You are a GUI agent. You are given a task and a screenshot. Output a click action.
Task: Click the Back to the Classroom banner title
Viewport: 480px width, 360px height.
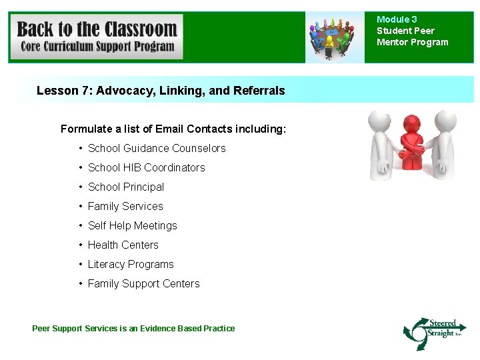pos(97,29)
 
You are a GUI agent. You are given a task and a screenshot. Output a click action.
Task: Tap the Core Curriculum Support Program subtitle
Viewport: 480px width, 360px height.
pos(97,47)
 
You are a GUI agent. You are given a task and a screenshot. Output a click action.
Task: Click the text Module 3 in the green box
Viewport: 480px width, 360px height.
pos(397,19)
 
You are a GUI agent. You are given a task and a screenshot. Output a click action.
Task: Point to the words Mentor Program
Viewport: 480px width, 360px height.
pos(412,42)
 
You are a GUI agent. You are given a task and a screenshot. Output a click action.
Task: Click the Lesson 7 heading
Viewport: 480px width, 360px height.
pos(160,91)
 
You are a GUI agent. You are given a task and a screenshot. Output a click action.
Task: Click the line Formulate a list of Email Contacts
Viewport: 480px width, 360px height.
pos(173,129)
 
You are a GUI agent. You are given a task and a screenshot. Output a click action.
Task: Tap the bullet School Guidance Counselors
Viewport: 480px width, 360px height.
pos(157,148)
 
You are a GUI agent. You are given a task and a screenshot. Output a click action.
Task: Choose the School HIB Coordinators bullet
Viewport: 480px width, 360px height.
pos(146,167)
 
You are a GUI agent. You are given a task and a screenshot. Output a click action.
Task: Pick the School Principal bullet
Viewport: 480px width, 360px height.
pos(125,187)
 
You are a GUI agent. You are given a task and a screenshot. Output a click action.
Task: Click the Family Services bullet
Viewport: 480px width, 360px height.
pos(125,206)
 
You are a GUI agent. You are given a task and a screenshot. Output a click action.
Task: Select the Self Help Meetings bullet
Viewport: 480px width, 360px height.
pos(132,225)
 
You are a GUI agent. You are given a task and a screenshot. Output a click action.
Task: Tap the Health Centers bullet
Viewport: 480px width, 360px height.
pos(123,245)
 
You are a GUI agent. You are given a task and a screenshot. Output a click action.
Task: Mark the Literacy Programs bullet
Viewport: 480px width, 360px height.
pos(131,264)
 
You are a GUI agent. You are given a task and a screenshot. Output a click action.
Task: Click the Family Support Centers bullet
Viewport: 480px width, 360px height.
pos(143,283)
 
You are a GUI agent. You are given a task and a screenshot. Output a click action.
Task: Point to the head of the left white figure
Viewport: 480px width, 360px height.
pos(381,121)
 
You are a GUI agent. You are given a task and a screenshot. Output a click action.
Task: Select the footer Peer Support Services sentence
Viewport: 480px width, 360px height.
pos(133,328)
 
